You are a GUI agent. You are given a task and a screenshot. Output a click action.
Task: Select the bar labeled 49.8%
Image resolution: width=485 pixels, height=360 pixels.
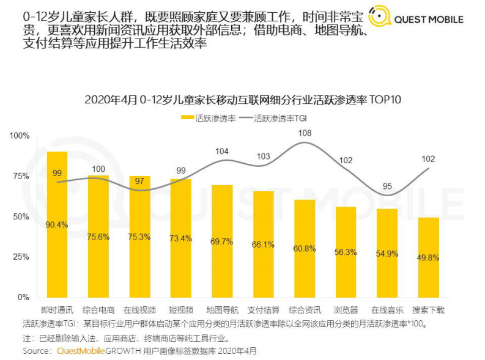(428, 257)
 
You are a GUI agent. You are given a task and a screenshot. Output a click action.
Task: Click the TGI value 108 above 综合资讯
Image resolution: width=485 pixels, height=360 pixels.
(305, 133)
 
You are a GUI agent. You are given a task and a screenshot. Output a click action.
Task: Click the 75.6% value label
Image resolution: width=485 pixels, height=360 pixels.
(98, 237)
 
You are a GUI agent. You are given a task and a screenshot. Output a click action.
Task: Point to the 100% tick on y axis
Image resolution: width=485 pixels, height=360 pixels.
(20, 136)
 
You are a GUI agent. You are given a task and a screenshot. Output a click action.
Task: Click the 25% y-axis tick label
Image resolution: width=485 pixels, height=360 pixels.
(21, 257)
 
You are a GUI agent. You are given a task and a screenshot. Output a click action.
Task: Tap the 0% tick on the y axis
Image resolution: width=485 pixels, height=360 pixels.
(23, 297)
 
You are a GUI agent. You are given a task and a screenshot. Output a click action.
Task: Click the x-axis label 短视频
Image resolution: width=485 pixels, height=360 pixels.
(181, 310)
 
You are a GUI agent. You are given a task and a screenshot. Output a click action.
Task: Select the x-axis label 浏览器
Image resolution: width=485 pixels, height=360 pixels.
(346, 310)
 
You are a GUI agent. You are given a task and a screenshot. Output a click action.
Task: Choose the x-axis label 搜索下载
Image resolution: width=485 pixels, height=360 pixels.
(428, 310)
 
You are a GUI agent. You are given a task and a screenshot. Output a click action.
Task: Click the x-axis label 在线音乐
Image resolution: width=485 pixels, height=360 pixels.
(387, 310)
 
